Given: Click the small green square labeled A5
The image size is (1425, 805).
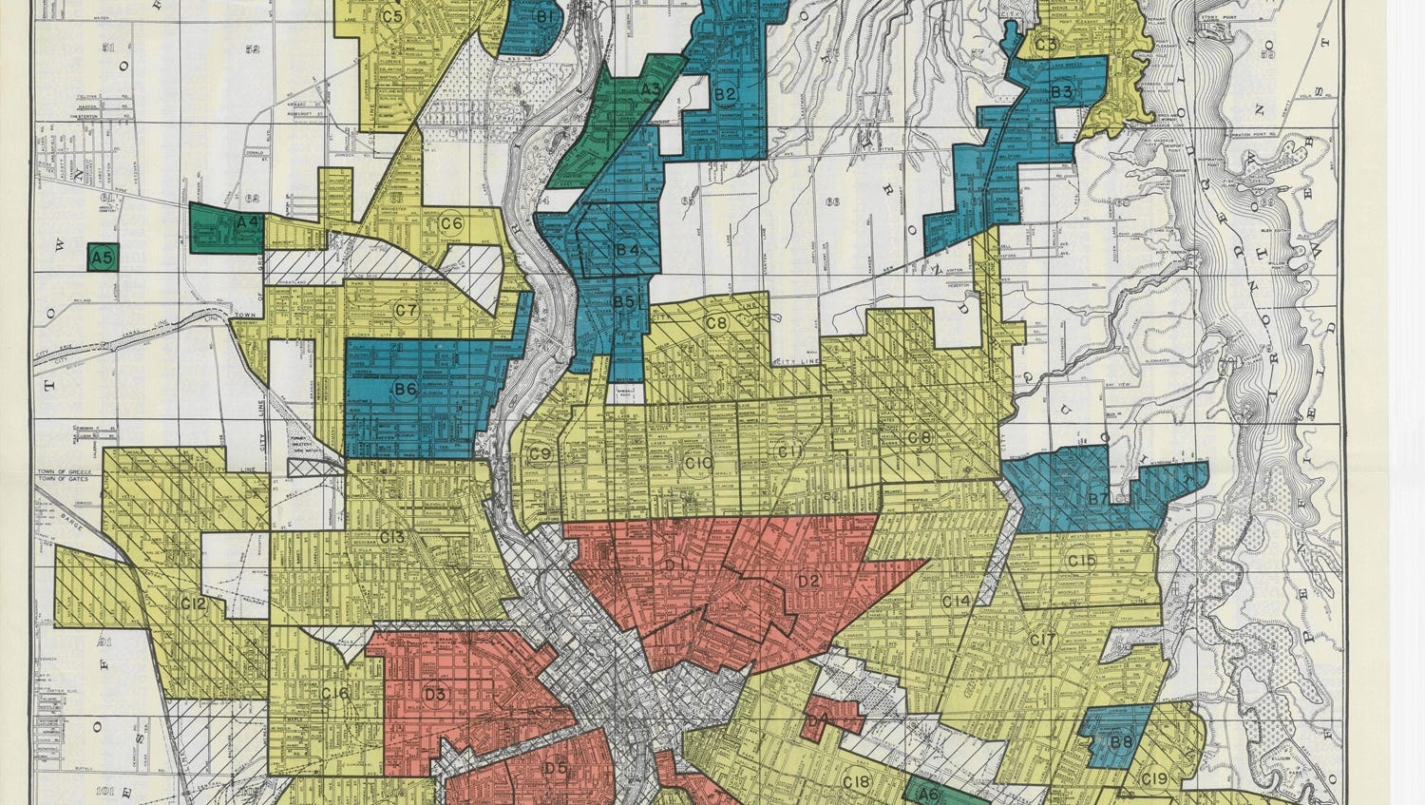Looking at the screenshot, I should tap(104, 257).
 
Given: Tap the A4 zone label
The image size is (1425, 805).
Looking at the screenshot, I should tap(249, 221).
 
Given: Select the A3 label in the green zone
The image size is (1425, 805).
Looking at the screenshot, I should tap(651, 89).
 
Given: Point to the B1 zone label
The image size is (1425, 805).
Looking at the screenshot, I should tap(546, 16).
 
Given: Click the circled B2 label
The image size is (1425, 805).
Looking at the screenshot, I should tap(726, 93).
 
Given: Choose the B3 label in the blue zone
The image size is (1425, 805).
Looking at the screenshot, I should tap(1061, 92).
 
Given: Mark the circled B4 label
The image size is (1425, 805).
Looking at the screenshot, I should tap(627, 249).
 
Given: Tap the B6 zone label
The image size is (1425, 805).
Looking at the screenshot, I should tap(406, 389).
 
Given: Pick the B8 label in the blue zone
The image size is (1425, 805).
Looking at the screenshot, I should tap(1122, 742).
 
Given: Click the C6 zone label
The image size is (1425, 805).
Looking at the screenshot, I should tap(451, 224).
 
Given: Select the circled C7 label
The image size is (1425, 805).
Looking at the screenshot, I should tap(407, 310).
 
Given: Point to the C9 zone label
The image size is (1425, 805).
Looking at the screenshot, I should tap(541, 453).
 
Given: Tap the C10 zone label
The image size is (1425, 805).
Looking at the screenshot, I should tap(698, 463).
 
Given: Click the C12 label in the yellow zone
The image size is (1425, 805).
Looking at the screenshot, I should tap(193, 603).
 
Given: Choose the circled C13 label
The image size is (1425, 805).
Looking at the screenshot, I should tap(392, 537).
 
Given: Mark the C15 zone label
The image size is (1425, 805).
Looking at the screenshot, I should tap(1082, 561).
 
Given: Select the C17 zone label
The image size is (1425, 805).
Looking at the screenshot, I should tap(1043, 641).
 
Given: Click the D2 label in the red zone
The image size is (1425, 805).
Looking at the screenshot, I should tap(808, 580).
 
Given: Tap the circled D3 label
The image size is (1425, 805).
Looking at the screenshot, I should tap(436, 694).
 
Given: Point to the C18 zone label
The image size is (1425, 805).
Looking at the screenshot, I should tap(857, 782).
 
